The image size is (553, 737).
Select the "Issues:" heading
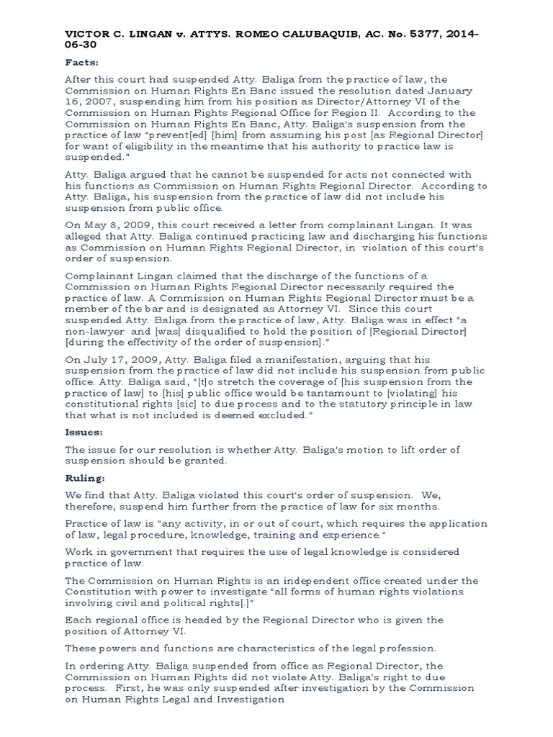point(84,433)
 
